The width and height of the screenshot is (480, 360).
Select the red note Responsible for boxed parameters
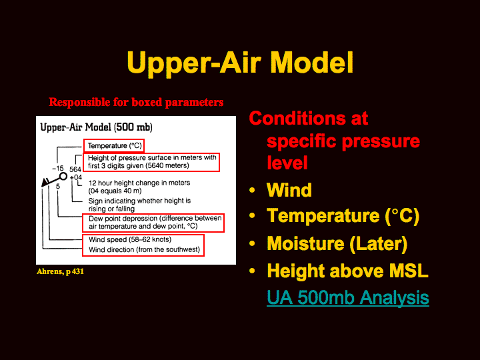coord(136,102)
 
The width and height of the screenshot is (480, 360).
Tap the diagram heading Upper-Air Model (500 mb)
coord(97,127)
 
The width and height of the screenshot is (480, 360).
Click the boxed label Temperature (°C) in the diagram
coord(115,146)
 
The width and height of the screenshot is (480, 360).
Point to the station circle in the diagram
coord(63,176)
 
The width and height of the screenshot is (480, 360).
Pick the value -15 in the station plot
coord(58,169)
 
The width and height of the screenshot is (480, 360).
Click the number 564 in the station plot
coord(75,169)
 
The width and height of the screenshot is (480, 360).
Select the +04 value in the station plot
coord(75,177)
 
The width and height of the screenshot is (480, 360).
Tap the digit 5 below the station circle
coord(58,187)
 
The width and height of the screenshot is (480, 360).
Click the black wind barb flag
coord(45,183)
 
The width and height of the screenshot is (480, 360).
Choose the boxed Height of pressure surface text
coord(152,161)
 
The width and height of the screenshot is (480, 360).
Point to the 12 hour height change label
coord(139,187)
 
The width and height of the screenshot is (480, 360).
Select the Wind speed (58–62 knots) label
coord(130,239)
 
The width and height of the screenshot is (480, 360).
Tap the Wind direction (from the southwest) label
coord(144,250)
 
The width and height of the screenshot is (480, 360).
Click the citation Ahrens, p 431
coord(60,271)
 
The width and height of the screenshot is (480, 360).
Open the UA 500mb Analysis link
coord(348,297)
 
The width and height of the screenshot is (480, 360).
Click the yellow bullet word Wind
coord(289,190)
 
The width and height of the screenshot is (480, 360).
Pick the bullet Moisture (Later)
coord(337,244)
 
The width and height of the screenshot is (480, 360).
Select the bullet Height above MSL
coord(347,271)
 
